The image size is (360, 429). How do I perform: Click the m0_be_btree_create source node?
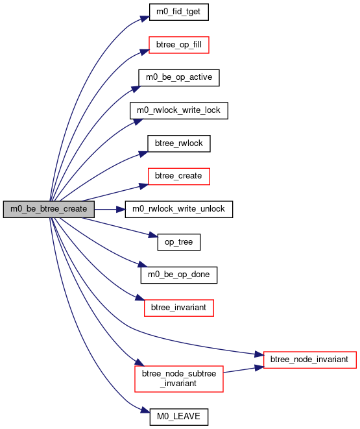point(49,209)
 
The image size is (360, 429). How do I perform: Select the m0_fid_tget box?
point(179,12)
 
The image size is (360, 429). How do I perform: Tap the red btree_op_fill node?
point(179,45)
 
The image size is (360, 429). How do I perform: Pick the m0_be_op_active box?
point(179,78)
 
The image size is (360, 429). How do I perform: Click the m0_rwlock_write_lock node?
point(179,110)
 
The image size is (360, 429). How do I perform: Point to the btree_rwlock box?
point(179,143)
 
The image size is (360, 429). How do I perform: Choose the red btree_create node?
point(179,177)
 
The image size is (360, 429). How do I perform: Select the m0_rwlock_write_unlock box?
point(179,209)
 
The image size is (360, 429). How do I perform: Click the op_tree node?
point(179,242)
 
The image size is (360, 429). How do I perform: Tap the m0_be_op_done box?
point(179,275)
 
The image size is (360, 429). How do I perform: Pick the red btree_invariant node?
point(179,308)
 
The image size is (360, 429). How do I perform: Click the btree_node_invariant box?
point(309,360)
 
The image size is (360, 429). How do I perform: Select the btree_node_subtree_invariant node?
point(179,379)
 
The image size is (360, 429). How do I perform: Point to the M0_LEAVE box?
point(179,417)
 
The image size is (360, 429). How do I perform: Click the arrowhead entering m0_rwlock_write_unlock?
point(121,210)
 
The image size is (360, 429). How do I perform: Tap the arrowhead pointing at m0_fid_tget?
point(145,19)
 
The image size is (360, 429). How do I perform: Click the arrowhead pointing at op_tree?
point(153,235)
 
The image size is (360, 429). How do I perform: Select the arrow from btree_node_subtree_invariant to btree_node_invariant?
point(243,369)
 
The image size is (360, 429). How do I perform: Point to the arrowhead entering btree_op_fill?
point(145,52)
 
